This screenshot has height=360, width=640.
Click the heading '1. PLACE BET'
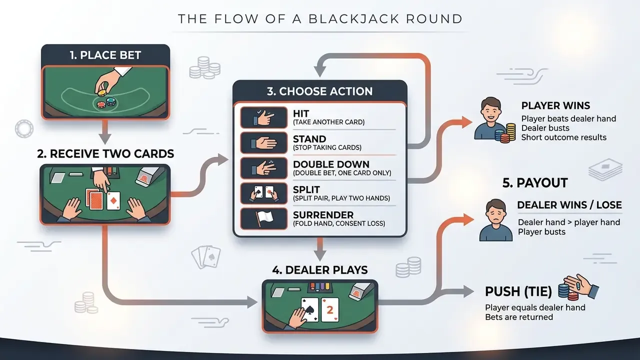[x=105, y=55]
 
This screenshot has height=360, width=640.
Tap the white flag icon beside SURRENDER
[x=263, y=219]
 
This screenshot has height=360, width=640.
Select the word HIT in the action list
[x=301, y=113]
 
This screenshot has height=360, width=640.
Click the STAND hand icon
[x=263, y=142]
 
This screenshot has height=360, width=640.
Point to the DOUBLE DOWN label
[x=331, y=164]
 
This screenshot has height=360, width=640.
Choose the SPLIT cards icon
[x=263, y=193]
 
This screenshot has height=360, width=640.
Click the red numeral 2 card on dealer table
[x=330, y=309]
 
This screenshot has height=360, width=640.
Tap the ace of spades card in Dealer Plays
[x=309, y=309]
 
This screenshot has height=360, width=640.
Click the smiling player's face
[x=491, y=110]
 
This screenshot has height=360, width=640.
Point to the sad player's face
[x=496, y=212]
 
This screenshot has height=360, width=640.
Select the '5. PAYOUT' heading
[x=535, y=183]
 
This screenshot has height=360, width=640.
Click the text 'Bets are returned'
[x=519, y=317]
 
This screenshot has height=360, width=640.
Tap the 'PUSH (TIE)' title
[x=518, y=291]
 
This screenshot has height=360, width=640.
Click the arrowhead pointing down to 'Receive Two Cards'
[x=105, y=139]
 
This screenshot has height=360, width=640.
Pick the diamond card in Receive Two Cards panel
[x=113, y=201]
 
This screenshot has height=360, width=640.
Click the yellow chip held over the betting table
[x=102, y=92]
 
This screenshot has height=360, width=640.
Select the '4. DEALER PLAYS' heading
[x=320, y=270]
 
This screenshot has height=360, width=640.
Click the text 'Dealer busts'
[x=545, y=128]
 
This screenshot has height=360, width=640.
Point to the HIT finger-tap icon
[x=263, y=117]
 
